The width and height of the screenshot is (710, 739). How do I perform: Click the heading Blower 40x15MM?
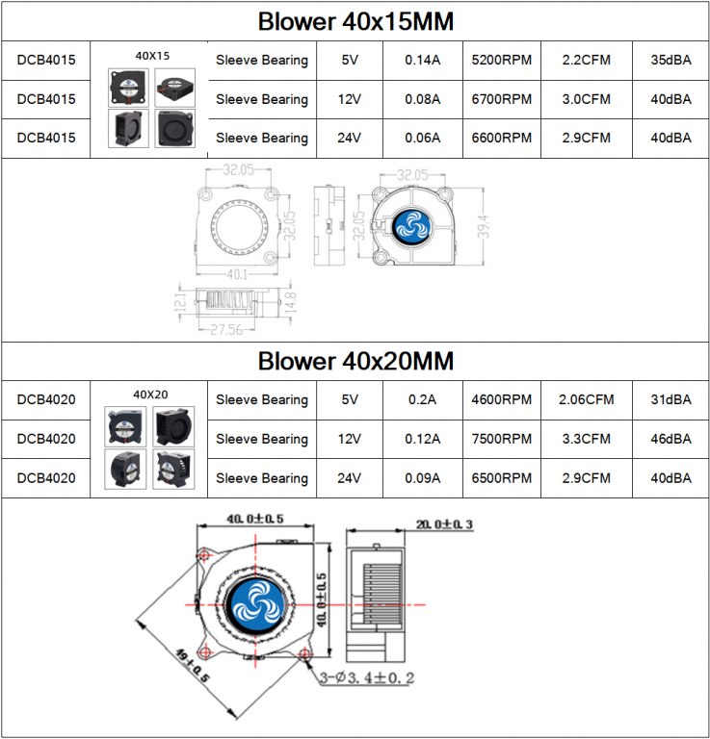pos(355,21)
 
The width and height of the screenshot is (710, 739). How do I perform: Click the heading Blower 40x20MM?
pos(355,361)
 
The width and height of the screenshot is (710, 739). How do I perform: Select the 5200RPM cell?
pos(502,60)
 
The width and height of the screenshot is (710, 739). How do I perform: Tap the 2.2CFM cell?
pos(587,60)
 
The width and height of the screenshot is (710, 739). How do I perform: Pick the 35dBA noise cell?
pos(671,60)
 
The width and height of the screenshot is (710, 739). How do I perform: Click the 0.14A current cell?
pos(422,60)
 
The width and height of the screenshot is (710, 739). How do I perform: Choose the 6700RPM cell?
pos(502,99)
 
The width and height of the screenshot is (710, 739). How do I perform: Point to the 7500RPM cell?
pos(502,439)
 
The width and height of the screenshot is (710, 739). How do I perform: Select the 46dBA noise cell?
pos(671,439)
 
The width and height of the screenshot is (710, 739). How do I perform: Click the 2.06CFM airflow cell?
pos(587,399)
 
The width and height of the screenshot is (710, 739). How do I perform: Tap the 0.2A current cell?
pos(422,399)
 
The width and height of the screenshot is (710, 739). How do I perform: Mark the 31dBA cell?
pos(671,399)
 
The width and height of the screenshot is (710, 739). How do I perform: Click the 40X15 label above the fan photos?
pos(152,56)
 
